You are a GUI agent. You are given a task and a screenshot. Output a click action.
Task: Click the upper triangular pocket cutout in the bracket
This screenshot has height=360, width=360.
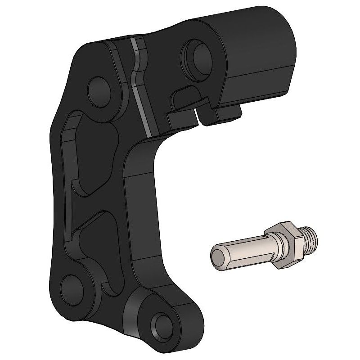tap(90, 153)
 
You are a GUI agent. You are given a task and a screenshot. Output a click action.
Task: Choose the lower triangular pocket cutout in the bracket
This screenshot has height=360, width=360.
tap(97, 247)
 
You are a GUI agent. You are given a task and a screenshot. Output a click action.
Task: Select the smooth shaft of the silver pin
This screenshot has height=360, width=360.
tap(243, 250)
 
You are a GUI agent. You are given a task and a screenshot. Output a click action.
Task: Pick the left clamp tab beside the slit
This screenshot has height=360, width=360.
tap(182, 118)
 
